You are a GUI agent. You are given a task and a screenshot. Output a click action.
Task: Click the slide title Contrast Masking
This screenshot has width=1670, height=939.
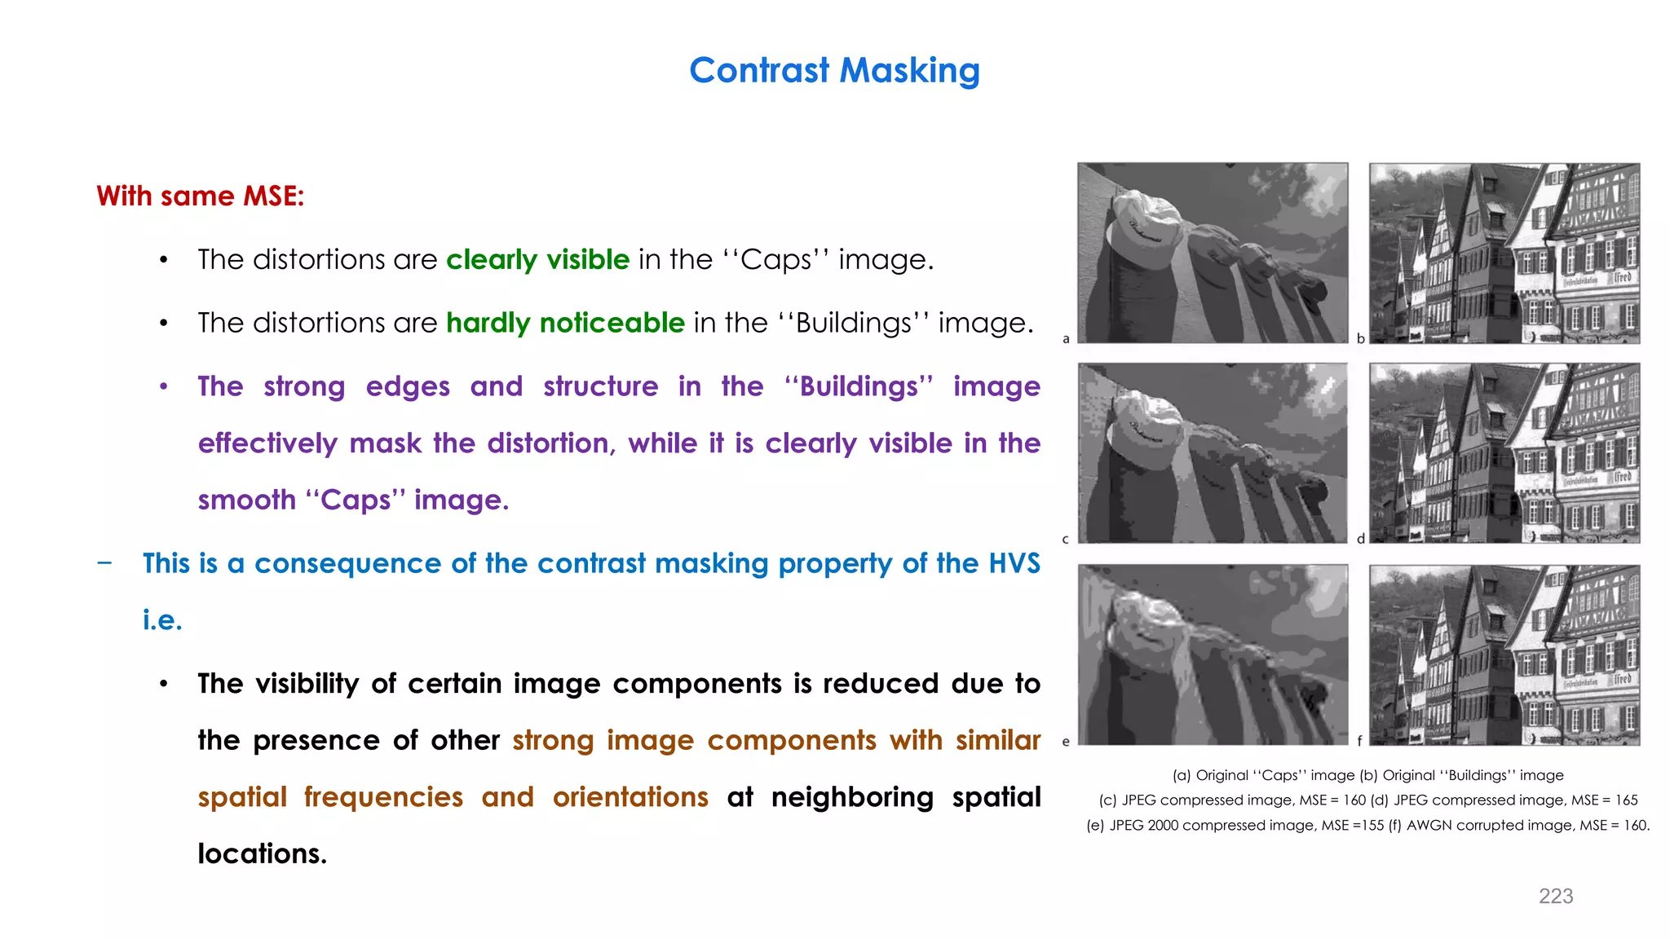[834, 71]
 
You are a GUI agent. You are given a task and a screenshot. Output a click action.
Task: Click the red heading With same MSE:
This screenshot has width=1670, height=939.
[200, 196]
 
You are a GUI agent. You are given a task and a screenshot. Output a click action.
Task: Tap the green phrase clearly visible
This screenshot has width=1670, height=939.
[537, 260]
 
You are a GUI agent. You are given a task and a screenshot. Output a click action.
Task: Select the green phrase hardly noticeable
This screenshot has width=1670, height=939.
[565, 324]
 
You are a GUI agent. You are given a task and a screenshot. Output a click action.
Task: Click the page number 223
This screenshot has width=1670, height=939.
[1555, 897]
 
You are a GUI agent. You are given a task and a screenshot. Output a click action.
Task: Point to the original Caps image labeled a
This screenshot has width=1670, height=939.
[1213, 253]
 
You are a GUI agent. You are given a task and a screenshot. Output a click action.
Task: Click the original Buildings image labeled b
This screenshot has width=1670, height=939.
[1504, 253]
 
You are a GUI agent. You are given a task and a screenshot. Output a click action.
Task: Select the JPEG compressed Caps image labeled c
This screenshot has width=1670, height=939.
[1213, 453]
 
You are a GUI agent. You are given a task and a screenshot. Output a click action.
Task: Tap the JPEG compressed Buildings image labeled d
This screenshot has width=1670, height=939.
[1504, 453]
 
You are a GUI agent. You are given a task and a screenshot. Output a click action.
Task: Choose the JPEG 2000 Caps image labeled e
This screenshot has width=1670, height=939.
[1213, 655]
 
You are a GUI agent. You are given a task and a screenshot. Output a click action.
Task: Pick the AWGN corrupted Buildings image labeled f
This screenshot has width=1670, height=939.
[1504, 655]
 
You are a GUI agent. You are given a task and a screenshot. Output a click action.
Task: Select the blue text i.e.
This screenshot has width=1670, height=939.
[162, 620]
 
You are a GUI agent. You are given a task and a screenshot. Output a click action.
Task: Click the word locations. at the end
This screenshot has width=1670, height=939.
[262, 854]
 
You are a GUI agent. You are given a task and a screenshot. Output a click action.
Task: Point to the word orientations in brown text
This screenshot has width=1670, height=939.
[630, 797]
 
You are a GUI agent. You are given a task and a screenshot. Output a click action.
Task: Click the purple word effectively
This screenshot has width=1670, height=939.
[268, 444]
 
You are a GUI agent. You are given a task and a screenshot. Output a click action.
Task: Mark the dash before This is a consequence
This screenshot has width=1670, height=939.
[104, 562]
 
